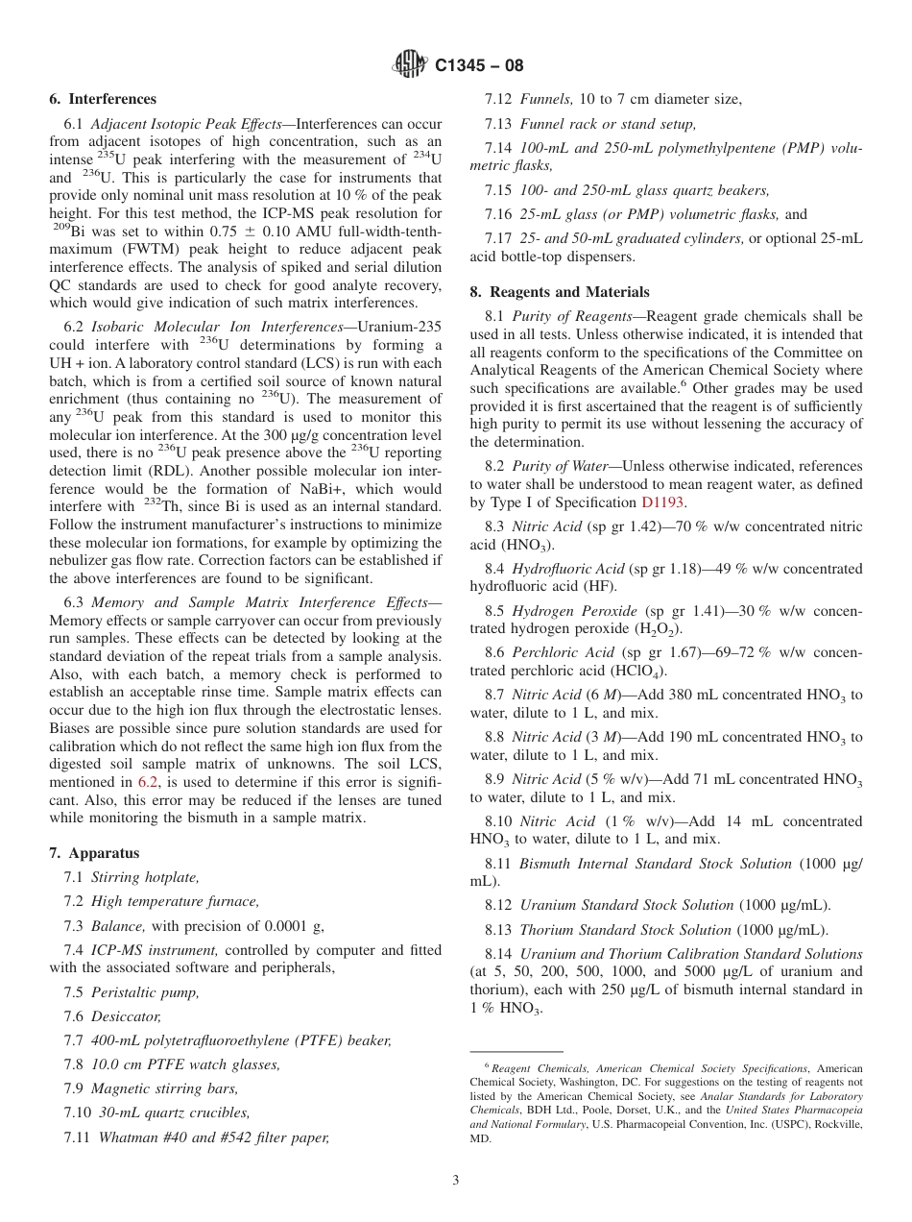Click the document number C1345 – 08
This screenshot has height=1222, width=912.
click(x=479, y=66)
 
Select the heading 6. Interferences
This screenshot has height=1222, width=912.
click(x=103, y=99)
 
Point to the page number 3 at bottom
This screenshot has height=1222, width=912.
click(x=456, y=1181)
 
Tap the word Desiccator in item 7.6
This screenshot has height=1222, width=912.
click(x=126, y=1015)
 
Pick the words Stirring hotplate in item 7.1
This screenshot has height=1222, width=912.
click(x=145, y=877)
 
